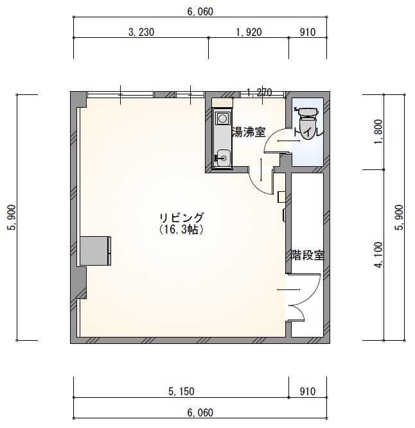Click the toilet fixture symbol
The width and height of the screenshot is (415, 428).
click(x=308, y=123)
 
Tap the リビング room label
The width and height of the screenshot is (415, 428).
click(x=181, y=218)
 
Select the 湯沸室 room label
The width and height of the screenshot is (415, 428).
click(x=249, y=132)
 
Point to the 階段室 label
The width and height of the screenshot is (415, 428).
click(x=307, y=255)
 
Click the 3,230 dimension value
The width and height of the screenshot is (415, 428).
click(x=141, y=32)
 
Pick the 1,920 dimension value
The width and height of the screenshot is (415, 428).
click(x=249, y=32)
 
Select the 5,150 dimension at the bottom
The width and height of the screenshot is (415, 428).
click(x=181, y=391)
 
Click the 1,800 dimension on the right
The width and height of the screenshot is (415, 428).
click(x=378, y=132)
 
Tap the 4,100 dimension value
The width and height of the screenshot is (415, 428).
click(x=378, y=255)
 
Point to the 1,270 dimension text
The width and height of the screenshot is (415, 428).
click(x=260, y=92)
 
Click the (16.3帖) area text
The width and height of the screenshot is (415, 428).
click(x=181, y=230)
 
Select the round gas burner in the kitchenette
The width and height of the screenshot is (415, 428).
click(x=222, y=119)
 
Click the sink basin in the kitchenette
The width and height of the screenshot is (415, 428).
click(x=223, y=157)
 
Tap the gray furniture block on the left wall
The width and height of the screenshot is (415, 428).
click(x=96, y=251)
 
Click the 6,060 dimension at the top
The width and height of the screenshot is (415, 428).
click(x=200, y=12)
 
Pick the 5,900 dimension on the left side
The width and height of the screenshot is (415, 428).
click(x=13, y=218)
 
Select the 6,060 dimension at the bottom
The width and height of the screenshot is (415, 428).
click(x=200, y=412)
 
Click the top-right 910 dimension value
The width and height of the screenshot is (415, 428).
click(x=308, y=32)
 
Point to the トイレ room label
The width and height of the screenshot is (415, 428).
click(x=308, y=133)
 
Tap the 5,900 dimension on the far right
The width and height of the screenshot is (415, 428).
click(x=399, y=218)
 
